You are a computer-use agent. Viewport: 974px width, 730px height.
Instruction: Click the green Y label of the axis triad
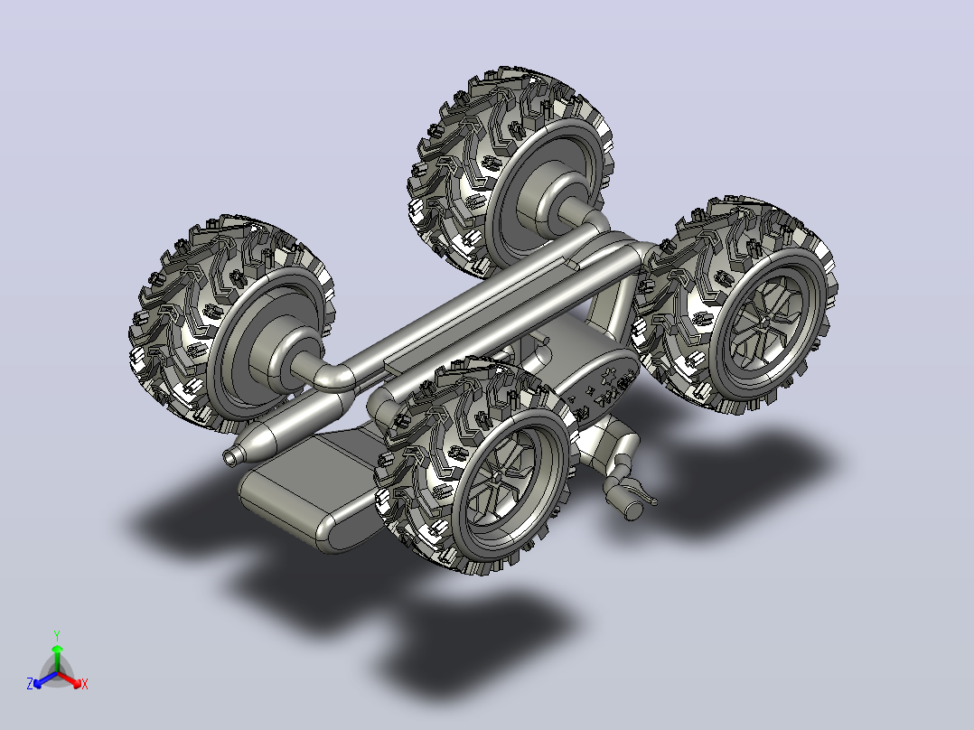point(57,635)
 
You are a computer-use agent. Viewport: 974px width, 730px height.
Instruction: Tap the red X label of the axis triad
point(85,684)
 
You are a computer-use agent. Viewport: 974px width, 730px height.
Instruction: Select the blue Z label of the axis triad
point(29,683)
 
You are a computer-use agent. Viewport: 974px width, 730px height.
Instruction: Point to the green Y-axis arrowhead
point(57,649)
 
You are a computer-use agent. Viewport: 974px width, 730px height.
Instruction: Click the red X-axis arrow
point(70,679)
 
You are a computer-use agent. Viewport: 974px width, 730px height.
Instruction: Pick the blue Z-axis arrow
point(45,679)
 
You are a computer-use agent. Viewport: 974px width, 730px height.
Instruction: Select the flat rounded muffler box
point(311,491)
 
